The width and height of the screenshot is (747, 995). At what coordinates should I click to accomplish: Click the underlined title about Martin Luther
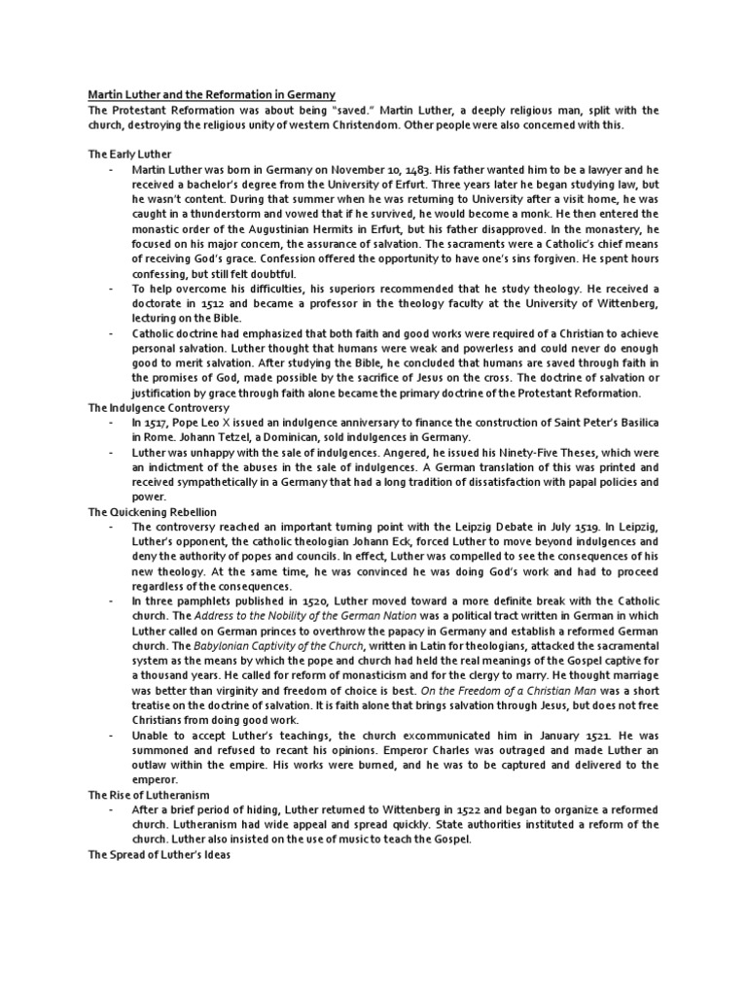(211, 94)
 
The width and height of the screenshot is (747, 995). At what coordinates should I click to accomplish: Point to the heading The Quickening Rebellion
(152, 511)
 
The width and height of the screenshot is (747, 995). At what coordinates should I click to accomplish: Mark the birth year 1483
(432, 169)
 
